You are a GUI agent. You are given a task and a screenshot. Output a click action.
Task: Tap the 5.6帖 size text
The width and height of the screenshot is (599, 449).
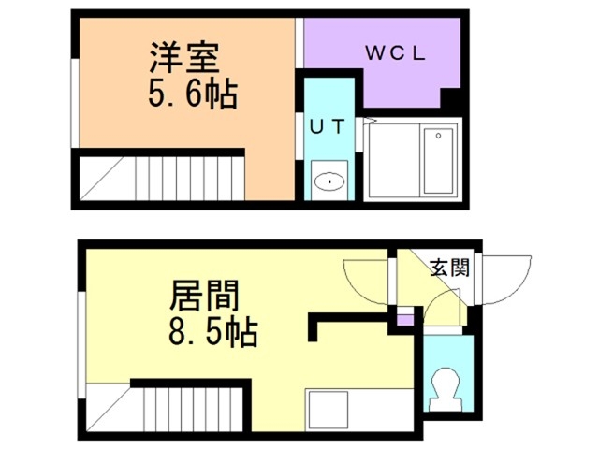(191, 94)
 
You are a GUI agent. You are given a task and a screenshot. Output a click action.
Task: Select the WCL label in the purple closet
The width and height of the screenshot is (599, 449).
(395, 54)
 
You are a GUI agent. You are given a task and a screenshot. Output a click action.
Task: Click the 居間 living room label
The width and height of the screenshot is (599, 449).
(204, 297)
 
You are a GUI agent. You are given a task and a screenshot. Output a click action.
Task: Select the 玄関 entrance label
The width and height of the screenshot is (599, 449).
(447, 268)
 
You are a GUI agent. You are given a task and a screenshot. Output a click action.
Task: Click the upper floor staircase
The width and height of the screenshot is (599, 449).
(159, 178)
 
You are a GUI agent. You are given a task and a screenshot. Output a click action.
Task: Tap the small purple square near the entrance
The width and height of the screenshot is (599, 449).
(404, 321)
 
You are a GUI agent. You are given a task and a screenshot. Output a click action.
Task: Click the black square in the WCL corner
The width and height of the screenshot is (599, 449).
(451, 98)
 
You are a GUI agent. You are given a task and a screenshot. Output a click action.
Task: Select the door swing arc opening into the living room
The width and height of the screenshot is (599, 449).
(366, 280)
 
